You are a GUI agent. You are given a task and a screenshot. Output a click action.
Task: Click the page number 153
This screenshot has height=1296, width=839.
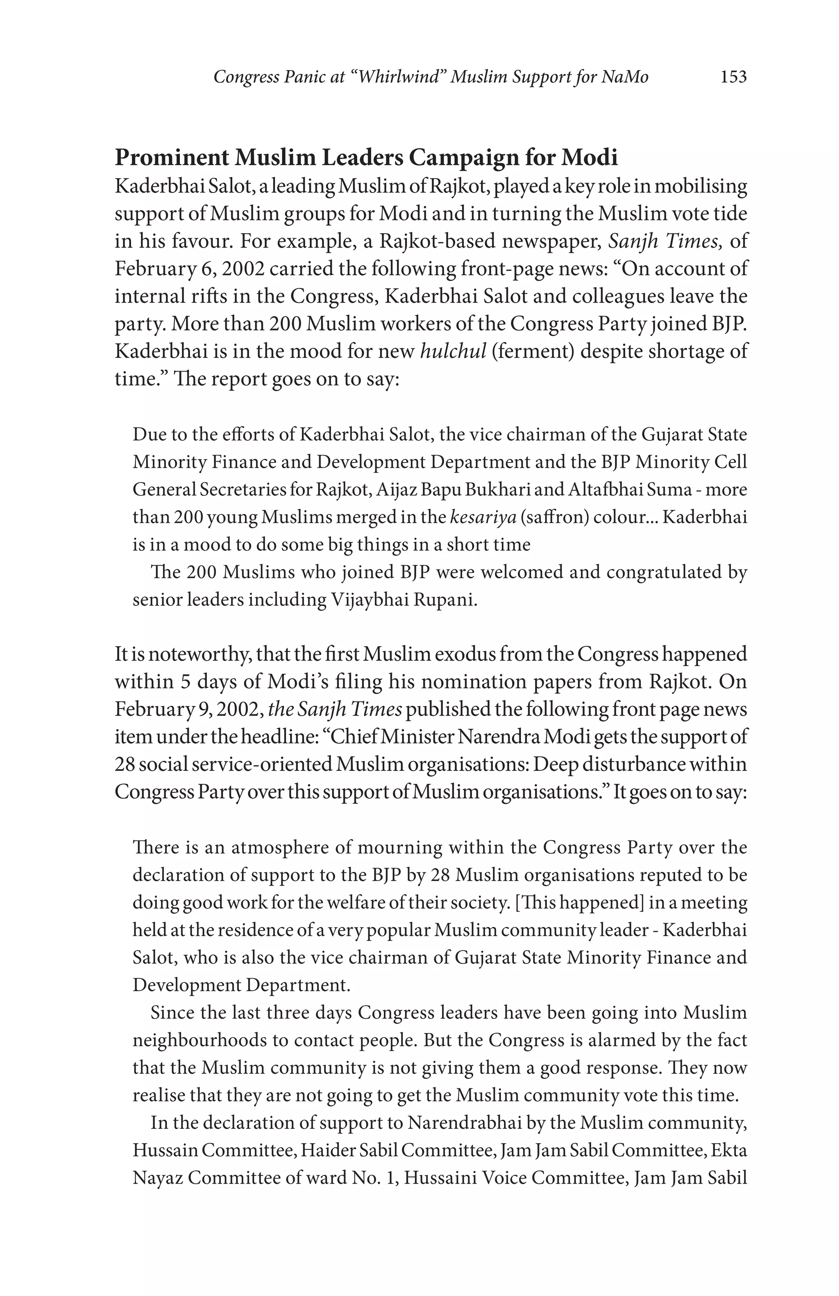[x=733, y=77]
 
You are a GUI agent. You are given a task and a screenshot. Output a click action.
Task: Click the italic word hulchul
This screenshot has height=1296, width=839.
[x=453, y=351]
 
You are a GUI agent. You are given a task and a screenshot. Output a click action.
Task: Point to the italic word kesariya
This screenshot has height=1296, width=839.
[x=483, y=517]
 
